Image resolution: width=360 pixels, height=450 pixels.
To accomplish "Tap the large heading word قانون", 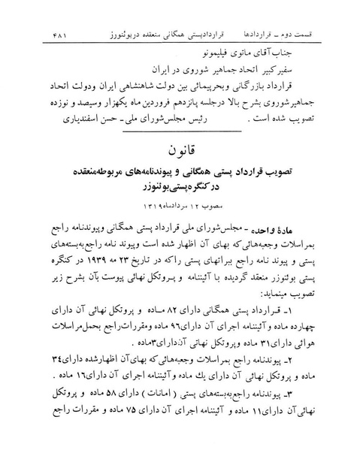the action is click(x=180, y=152).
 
